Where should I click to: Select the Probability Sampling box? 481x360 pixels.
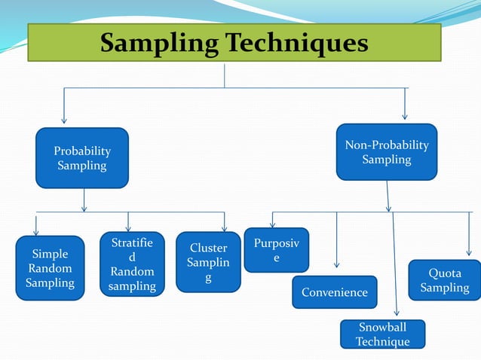[x=82, y=158]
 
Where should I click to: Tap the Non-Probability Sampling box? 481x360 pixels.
[x=386, y=152]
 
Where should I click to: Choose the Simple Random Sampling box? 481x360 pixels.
[x=50, y=268]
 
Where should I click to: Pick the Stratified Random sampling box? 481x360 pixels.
[x=132, y=264]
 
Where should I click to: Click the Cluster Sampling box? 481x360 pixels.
[x=208, y=263]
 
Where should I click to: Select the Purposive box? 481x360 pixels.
[x=276, y=250]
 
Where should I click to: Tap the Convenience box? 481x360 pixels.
[x=334, y=292]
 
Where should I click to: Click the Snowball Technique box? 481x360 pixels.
[x=382, y=334]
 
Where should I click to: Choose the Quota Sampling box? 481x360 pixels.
[x=444, y=280]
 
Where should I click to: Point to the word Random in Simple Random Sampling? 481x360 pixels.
[x=50, y=269]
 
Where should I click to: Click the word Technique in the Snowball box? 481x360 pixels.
[x=382, y=342]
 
